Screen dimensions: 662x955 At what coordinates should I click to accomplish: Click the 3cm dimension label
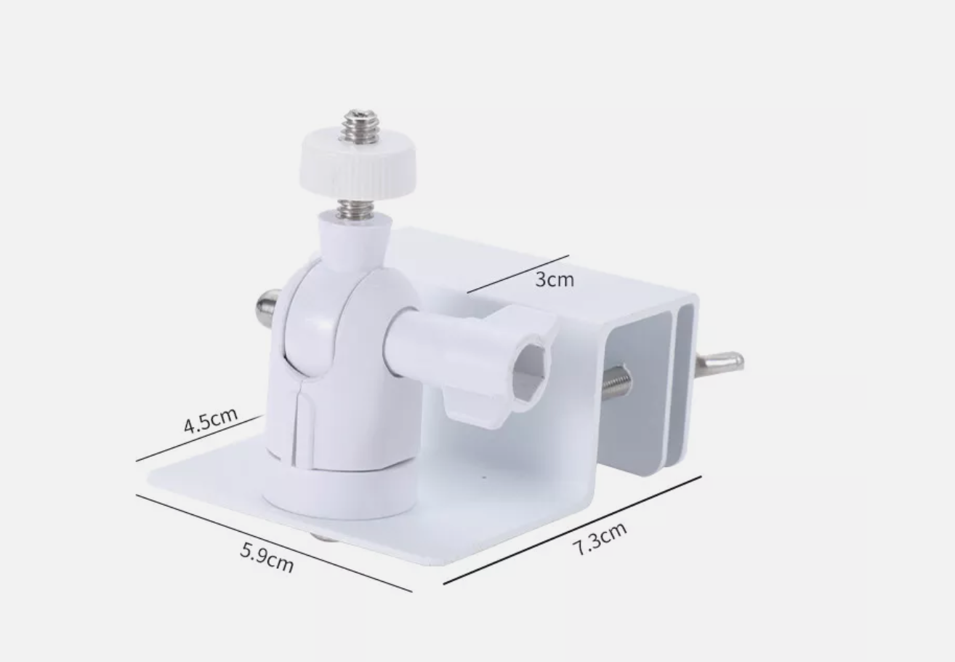(x=555, y=279)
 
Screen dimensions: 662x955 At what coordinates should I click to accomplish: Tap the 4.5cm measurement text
(x=210, y=420)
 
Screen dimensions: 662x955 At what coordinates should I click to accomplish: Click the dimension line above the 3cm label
(x=517, y=274)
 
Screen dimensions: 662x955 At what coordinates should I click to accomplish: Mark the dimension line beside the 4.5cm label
(x=198, y=439)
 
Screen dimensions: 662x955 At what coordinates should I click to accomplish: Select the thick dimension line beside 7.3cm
(x=572, y=530)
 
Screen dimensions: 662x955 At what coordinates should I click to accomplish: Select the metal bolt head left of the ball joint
(x=267, y=307)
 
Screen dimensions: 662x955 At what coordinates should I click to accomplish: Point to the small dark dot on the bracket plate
(x=485, y=476)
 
